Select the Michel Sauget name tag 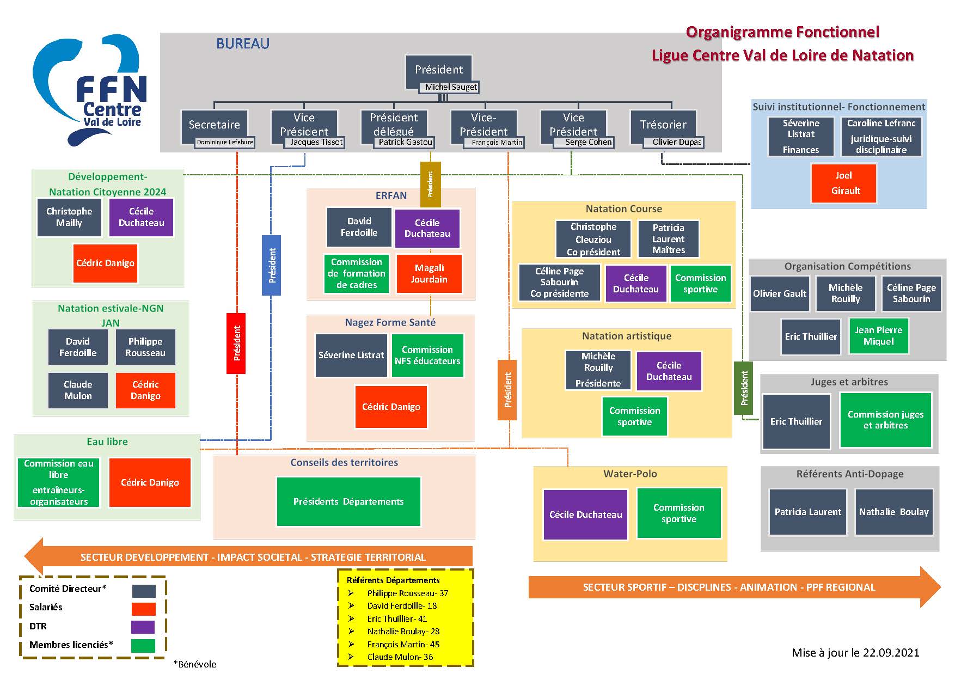(x=450, y=87)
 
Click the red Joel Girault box (x=844, y=183)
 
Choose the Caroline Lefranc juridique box (x=881, y=137)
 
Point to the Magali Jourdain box (x=429, y=274)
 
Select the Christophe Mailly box (x=69, y=217)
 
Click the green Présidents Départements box (x=348, y=501)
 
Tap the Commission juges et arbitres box (x=885, y=420)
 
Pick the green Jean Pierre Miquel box (x=878, y=336)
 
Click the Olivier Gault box (x=780, y=293)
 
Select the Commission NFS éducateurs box (x=427, y=356)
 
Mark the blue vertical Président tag (x=272, y=265)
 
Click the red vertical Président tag (x=236, y=343)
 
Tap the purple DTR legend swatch (x=143, y=627)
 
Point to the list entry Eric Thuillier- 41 (x=397, y=618)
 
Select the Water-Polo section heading (x=630, y=474)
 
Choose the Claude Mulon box (x=78, y=390)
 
